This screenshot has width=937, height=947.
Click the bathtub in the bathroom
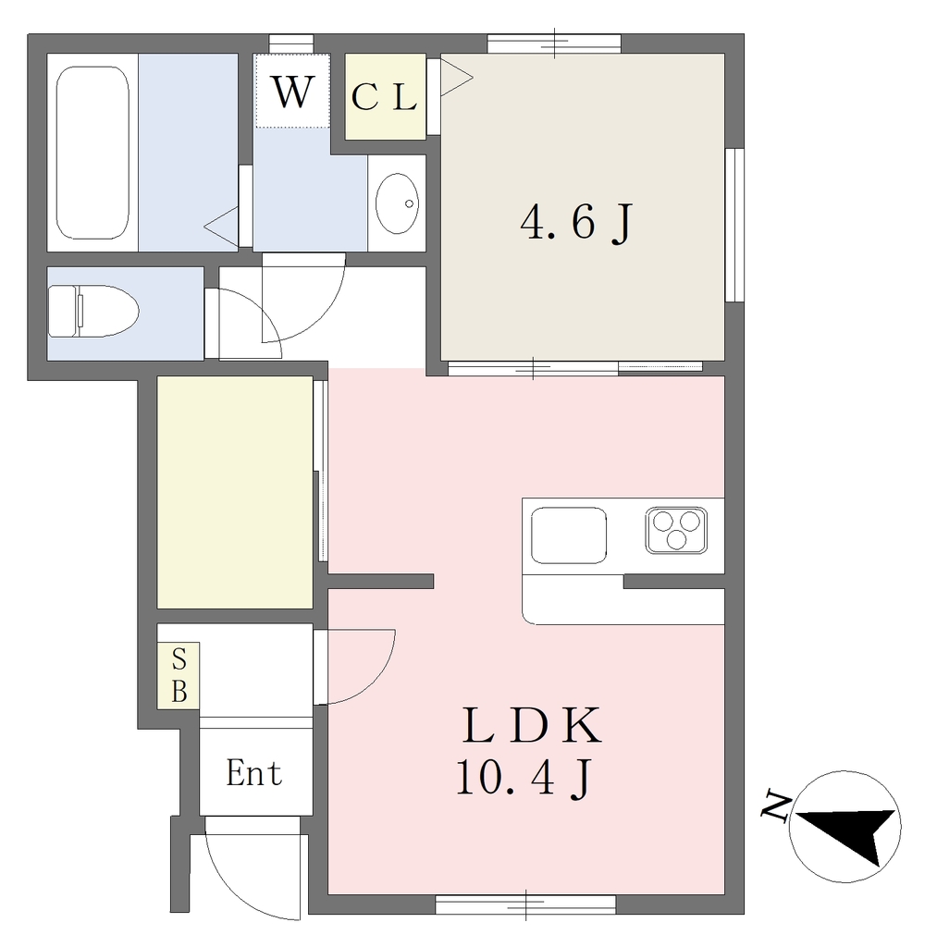click(92, 153)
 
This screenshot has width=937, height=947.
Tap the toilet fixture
click(93, 311)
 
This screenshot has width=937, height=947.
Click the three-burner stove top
click(676, 530)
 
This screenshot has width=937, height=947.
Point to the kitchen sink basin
click(569, 535)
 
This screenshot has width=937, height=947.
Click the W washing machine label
click(293, 92)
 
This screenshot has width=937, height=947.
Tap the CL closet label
click(384, 96)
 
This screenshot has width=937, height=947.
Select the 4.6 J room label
click(576, 223)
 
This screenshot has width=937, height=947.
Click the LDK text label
click(532, 725)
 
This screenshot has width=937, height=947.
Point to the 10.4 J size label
click(524, 779)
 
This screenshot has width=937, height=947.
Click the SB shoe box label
click(179, 675)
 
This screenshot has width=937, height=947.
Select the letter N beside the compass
click(776, 806)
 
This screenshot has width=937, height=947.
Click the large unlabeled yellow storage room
click(235, 492)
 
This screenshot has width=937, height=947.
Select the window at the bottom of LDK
click(525, 904)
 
